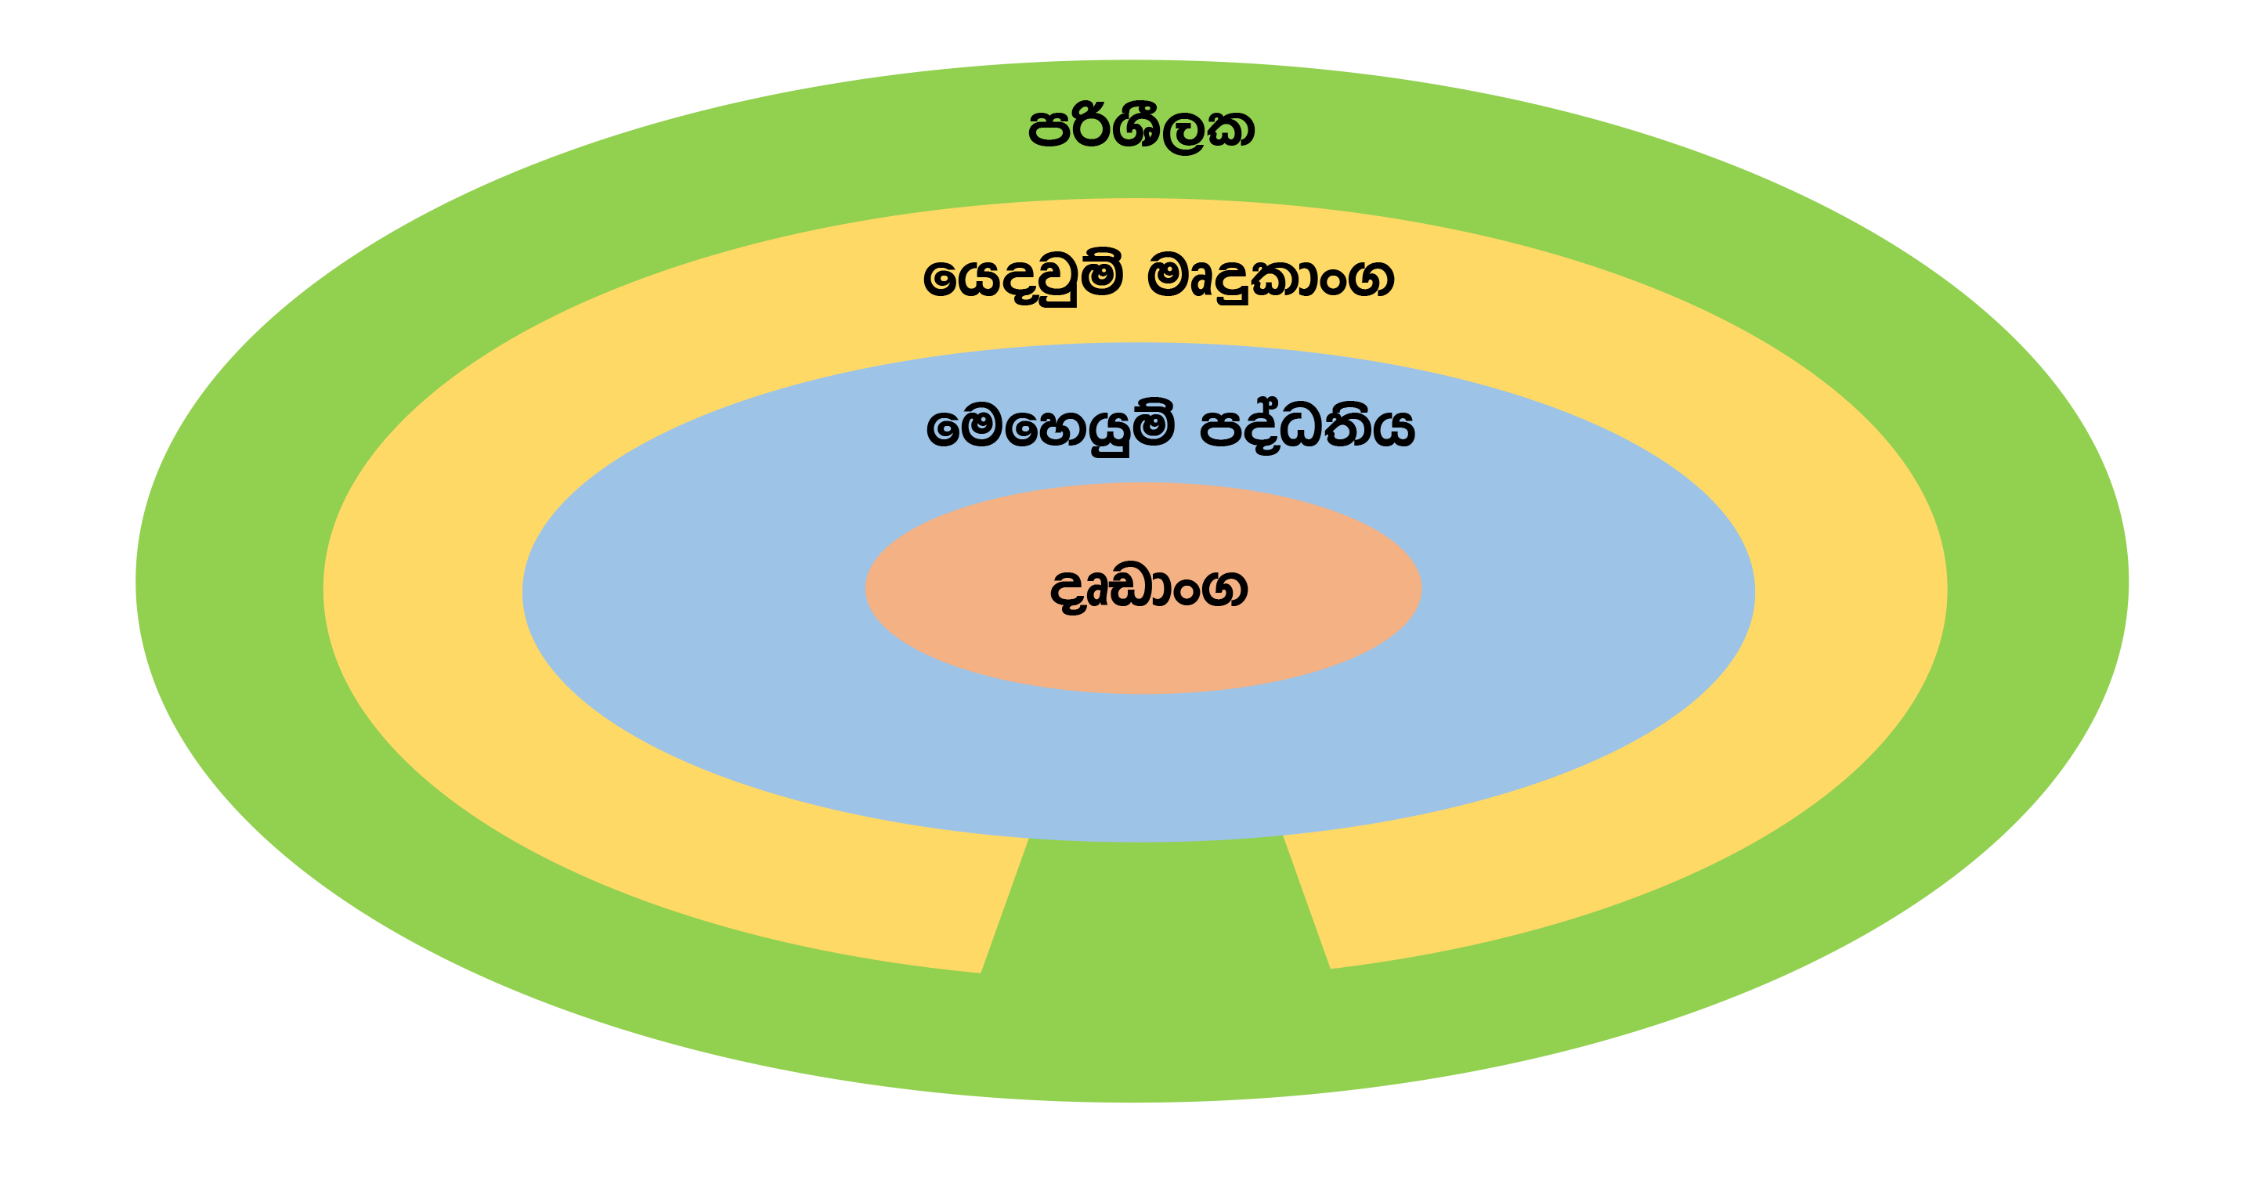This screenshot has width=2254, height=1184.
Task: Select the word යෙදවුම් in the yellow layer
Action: pyautogui.click(x=1022, y=278)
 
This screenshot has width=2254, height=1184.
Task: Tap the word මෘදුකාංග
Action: pyautogui.click(x=1270, y=278)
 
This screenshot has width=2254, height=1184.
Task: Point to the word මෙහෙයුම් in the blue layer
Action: pyautogui.click(x=1050, y=427)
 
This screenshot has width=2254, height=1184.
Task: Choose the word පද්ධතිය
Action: pyautogui.click(x=1306, y=427)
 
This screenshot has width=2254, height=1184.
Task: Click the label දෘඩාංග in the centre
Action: pyautogui.click(x=1148, y=588)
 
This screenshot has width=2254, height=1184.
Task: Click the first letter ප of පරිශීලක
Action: pyautogui.click(x=1048, y=129)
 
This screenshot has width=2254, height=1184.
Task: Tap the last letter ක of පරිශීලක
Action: pyautogui.click(x=1232, y=129)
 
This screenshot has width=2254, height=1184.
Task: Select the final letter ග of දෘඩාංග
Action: pyautogui.click(x=1224, y=588)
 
